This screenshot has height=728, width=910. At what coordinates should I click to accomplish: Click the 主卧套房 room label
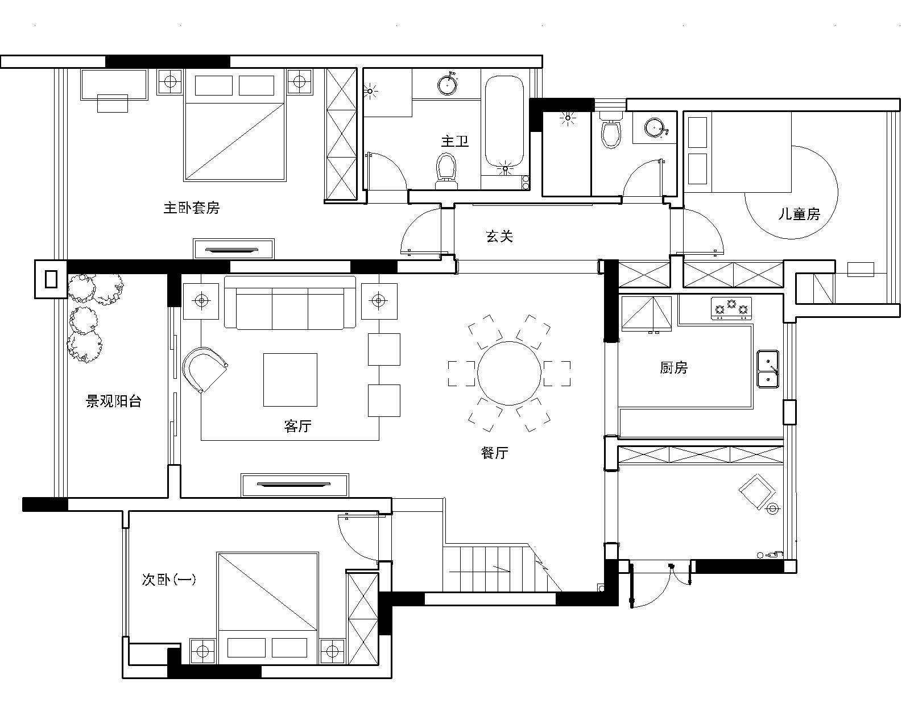coord(192,208)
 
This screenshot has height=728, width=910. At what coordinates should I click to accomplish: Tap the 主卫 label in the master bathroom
coord(455,141)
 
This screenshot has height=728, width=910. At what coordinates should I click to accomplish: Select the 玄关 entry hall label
coord(499,236)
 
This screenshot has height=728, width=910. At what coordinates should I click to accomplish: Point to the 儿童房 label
coord(799,214)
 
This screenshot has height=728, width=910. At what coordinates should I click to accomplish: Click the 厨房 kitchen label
coord(673,367)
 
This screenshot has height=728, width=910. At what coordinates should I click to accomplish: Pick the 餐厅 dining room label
coord(494,453)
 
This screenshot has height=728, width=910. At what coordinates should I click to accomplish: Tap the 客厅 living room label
coord(297,426)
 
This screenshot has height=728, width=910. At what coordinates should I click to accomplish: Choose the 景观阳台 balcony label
coord(113,401)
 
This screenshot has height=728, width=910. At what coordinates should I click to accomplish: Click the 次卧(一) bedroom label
coord(169,579)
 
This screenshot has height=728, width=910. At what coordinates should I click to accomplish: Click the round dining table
coord(509,373)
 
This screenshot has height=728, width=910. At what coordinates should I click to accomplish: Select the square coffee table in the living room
coord(290,380)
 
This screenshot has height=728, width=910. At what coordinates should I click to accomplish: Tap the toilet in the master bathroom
coord(446,171)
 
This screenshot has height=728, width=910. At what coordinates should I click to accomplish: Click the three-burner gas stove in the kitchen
coord(731,308)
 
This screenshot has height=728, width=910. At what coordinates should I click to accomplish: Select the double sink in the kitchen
coord(768,369)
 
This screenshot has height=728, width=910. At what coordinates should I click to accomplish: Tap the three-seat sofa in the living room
coord(290,303)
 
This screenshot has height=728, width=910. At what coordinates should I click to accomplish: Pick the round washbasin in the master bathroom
coord(448,84)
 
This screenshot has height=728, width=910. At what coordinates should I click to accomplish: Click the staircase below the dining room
coord(502,567)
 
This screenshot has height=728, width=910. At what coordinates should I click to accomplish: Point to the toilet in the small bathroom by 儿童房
coord(611,130)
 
